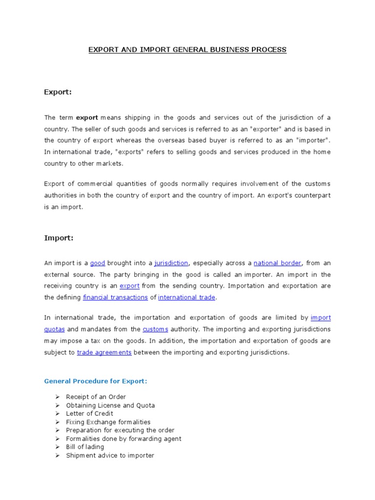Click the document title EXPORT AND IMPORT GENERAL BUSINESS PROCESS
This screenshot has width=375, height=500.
click(187, 50)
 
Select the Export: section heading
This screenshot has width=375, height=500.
click(58, 92)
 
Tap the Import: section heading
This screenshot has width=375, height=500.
click(59, 238)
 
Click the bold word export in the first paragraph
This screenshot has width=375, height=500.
click(87, 118)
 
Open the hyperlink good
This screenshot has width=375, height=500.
click(98, 263)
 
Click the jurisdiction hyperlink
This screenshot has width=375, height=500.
click(171, 263)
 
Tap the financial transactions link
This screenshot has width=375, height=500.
click(115, 297)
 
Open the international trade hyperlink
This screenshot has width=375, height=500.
click(187, 297)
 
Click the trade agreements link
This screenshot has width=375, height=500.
click(104, 352)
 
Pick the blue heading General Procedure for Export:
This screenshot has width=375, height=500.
click(95, 381)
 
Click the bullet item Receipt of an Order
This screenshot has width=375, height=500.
click(96, 397)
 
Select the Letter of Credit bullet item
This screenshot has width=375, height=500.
click(89, 414)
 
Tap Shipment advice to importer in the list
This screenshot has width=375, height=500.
click(110, 455)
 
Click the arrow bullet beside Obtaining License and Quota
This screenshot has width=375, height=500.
click(57, 405)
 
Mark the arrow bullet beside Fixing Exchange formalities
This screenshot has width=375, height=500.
click(57, 422)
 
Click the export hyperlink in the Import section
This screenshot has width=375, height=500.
click(129, 286)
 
